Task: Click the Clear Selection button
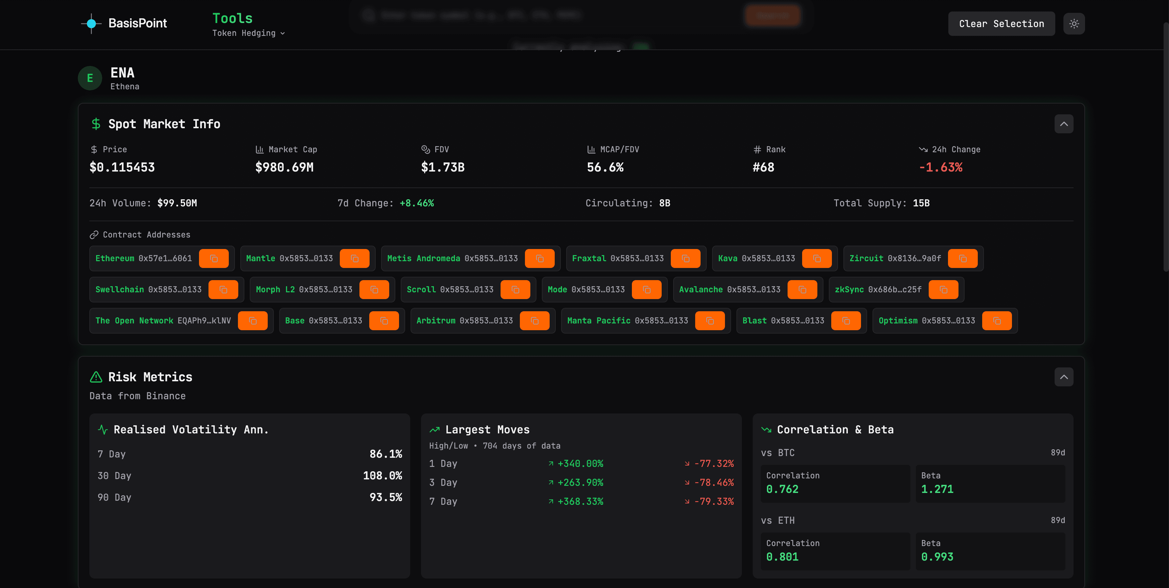(1001, 24)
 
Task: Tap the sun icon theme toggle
(1074, 24)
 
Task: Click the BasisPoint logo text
(137, 23)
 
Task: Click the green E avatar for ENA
(90, 78)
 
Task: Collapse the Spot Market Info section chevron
(1063, 124)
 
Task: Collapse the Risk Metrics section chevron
(1063, 377)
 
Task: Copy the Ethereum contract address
(214, 258)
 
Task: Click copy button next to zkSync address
(943, 290)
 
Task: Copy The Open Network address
(253, 321)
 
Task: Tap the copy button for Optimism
(996, 321)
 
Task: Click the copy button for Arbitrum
(535, 321)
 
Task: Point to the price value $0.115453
(122, 167)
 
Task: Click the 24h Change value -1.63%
(940, 167)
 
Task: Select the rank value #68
(763, 167)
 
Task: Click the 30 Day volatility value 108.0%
(382, 475)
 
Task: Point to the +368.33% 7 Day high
(580, 501)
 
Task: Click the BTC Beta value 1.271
(937, 489)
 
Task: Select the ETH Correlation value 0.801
(782, 557)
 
